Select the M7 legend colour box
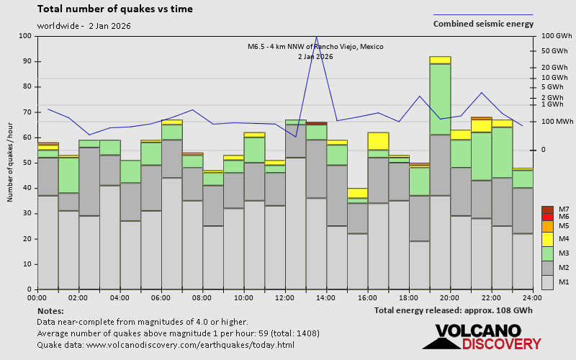547,210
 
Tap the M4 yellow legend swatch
547,238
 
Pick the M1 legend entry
547,282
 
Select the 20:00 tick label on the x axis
450,297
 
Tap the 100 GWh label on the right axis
556,36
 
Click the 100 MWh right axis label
557,122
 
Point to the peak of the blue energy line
316,36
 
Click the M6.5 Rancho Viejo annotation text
315,47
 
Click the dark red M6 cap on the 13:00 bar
316,123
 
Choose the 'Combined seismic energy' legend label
483,24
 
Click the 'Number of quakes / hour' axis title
11,163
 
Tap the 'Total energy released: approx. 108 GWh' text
454,310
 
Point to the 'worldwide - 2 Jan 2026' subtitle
84,26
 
